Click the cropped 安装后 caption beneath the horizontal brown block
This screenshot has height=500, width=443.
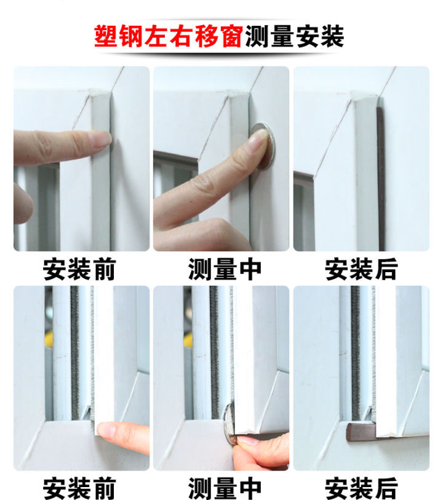click(x=361, y=489)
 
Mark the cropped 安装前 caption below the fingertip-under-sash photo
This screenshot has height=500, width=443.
click(x=79, y=489)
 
